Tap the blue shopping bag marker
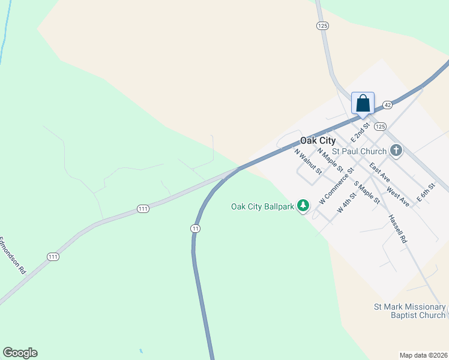(363, 103)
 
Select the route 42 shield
(387, 104)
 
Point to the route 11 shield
(195, 229)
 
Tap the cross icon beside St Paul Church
(396, 151)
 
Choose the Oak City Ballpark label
(264, 206)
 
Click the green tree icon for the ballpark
(304, 206)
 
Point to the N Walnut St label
(308, 161)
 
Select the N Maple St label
(330, 160)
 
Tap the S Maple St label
(367, 193)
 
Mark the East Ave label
(380, 173)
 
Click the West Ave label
(398, 196)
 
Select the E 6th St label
(424, 193)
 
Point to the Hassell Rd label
(398, 229)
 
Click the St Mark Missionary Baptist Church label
(410, 311)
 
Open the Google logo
(20, 353)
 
